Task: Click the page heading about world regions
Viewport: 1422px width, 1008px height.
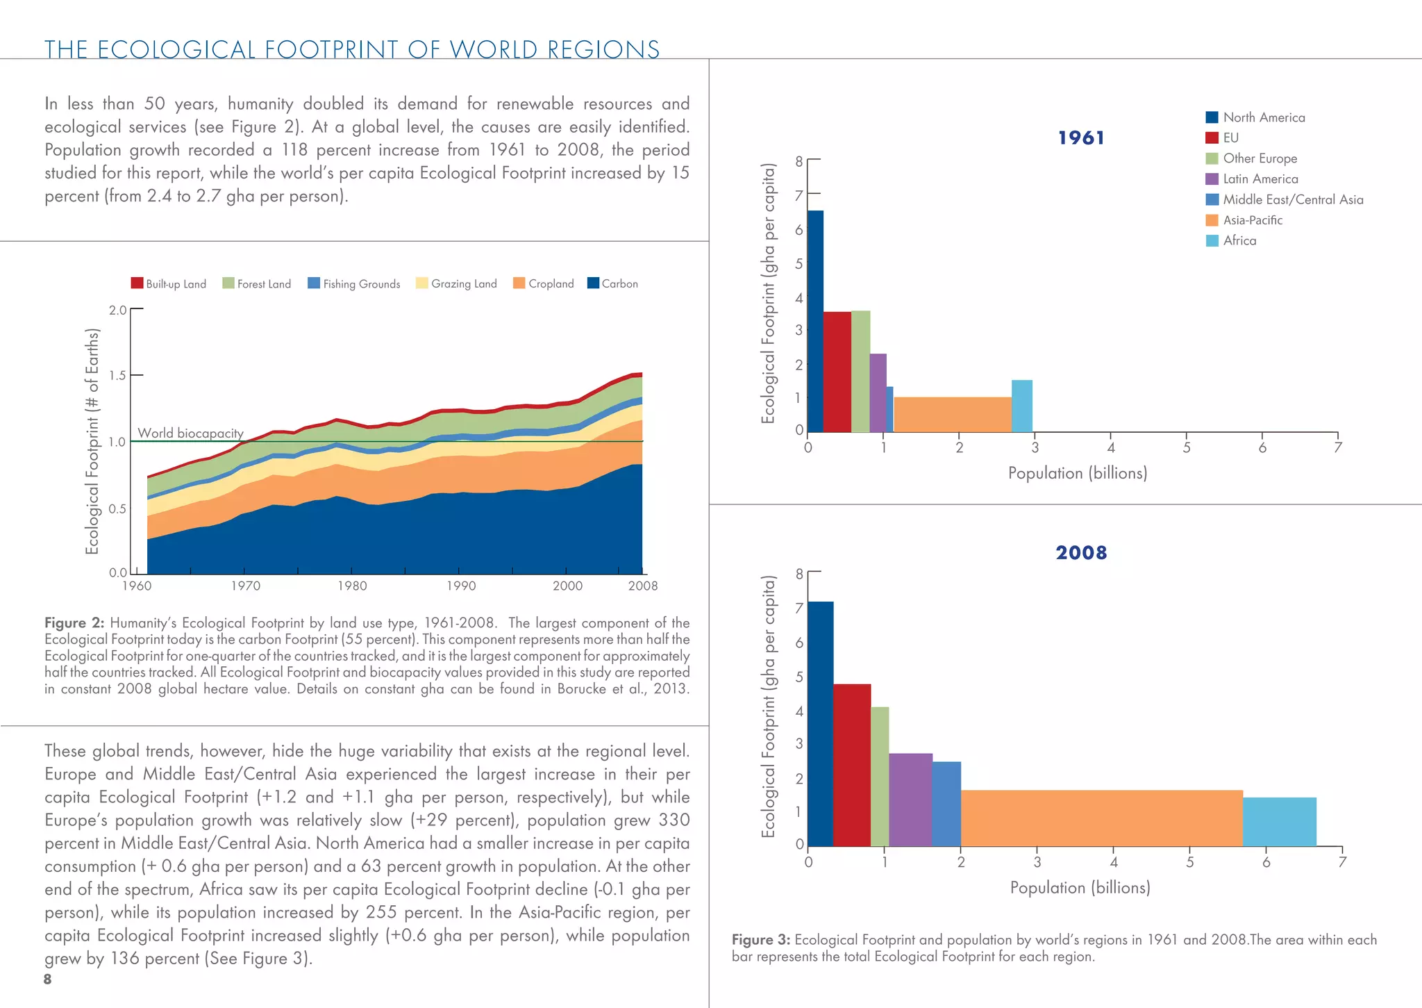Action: tap(352, 49)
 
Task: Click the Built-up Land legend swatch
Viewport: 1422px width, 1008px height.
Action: tap(137, 283)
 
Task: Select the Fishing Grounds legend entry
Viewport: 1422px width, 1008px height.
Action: tap(353, 283)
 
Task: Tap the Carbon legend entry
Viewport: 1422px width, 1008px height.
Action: tap(612, 283)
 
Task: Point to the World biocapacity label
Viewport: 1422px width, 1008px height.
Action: tap(190, 433)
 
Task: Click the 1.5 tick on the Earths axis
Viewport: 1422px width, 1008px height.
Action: tap(117, 375)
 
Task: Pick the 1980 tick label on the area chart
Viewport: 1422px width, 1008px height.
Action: tap(352, 586)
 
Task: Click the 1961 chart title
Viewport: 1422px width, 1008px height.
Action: tap(1080, 138)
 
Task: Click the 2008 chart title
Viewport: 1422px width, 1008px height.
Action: tap(1080, 552)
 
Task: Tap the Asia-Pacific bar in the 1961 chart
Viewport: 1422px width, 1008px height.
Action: tap(952, 414)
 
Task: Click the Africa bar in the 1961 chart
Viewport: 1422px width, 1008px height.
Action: tap(1021, 406)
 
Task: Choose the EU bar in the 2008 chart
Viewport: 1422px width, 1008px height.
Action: tap(851, 764)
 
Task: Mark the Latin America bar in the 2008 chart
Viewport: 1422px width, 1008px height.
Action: tap(910, 799)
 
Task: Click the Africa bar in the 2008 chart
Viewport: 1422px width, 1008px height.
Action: tap(1279, 821)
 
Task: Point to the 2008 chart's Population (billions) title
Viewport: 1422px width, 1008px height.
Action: tap(1080, 887)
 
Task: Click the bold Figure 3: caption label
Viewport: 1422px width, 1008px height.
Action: tap(760, 940)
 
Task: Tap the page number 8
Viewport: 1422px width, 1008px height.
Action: tap(47, 979)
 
